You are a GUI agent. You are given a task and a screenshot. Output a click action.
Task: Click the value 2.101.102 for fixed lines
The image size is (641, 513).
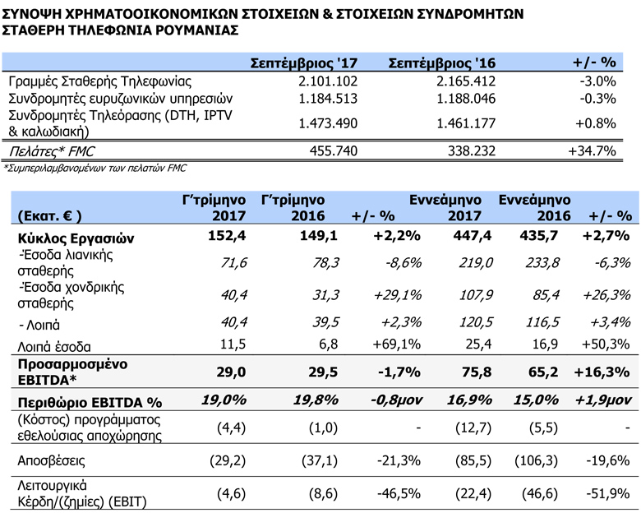328,81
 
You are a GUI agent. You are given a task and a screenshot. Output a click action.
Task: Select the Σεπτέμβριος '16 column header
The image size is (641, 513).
441,63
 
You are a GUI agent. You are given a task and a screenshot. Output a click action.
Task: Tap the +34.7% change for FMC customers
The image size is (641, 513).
592,151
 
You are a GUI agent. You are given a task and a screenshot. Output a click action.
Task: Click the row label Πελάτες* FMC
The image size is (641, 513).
52,151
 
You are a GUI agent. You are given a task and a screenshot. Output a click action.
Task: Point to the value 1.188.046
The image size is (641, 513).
466,99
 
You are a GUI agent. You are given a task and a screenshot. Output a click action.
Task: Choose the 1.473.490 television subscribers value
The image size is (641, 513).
328,123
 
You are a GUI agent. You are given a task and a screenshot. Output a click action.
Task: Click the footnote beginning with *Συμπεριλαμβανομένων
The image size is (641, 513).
95,168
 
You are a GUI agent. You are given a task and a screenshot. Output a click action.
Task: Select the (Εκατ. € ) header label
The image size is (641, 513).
49,216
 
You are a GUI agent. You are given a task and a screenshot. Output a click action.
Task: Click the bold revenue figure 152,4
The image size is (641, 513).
227,236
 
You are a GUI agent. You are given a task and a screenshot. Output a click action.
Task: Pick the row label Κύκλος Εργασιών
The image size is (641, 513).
76,238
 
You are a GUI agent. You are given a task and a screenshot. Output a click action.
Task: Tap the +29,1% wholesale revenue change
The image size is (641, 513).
398,295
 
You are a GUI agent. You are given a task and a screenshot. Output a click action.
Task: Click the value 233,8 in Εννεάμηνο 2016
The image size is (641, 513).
542,262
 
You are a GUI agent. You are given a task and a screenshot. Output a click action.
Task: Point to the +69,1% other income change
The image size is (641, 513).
397,344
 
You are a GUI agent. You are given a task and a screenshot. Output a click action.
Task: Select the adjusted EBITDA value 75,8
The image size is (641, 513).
477,372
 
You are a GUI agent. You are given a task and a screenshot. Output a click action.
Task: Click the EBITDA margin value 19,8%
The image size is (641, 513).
316,400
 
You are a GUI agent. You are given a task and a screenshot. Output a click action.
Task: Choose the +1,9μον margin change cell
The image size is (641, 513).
603,400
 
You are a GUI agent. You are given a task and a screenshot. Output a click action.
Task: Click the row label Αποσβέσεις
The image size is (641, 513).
51,461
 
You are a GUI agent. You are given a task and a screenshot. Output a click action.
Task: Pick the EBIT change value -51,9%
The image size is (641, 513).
608,494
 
